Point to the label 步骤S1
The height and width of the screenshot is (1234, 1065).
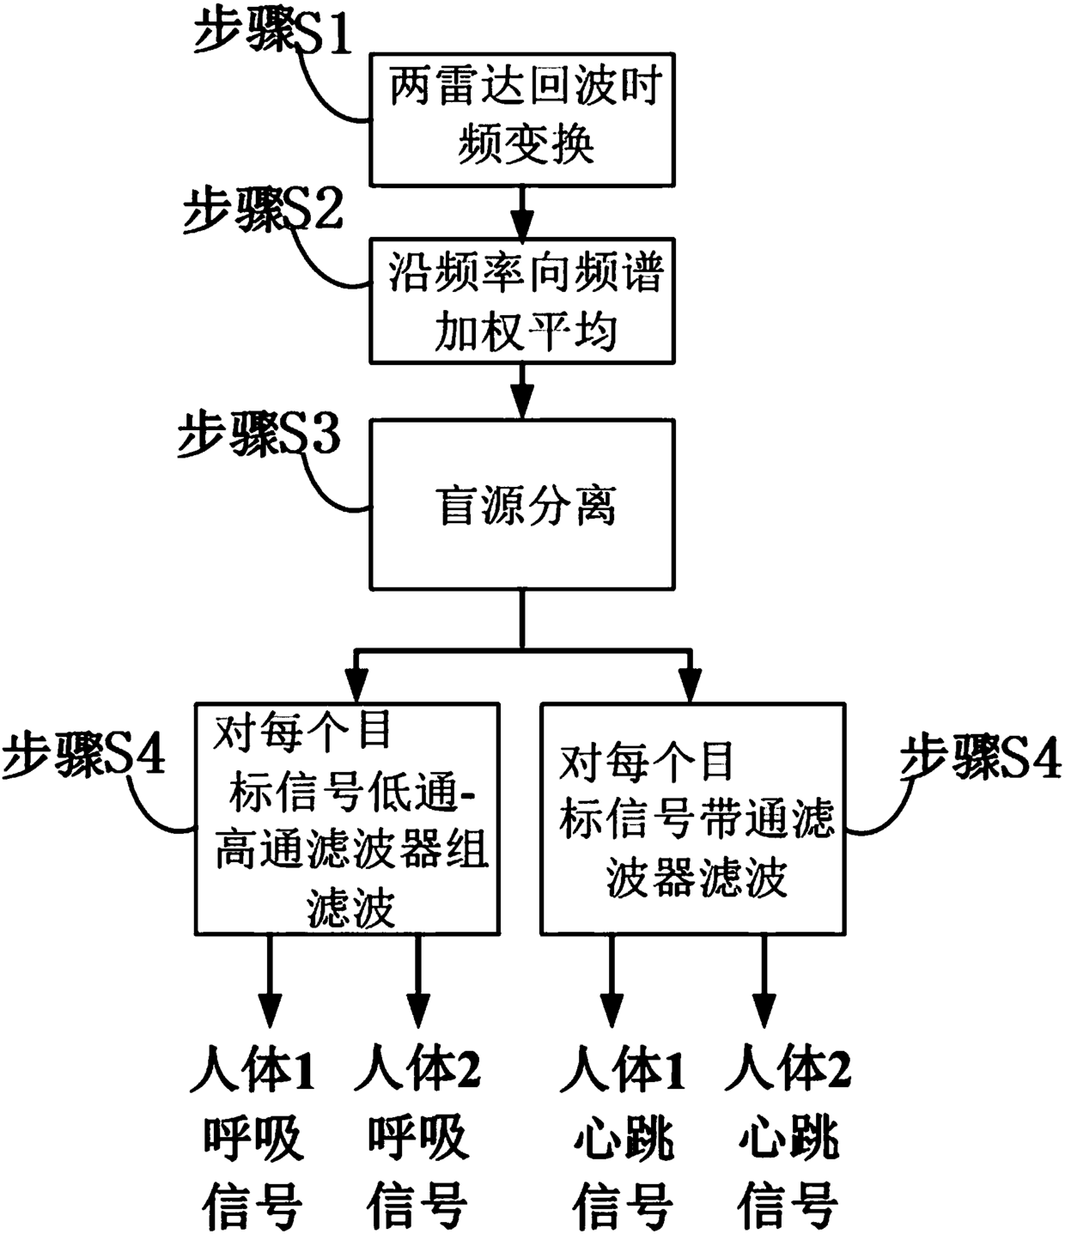273,34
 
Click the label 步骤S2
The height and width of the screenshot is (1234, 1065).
264,211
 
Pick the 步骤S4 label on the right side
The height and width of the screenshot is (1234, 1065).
981,757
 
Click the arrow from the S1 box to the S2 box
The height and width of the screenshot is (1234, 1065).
523,212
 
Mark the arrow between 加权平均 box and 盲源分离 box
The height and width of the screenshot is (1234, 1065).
523,392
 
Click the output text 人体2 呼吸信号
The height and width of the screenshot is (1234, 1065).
418,1137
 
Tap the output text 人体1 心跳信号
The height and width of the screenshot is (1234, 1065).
624,1137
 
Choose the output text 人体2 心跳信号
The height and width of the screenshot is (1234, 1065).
788,1137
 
